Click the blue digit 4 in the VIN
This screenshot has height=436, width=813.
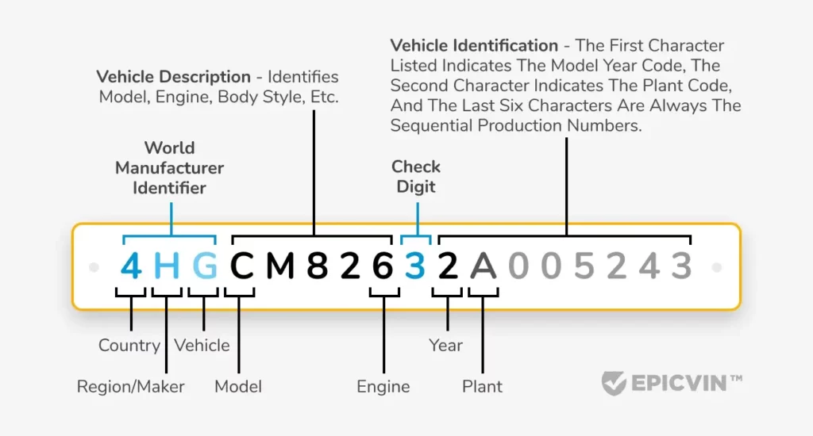point(131,266)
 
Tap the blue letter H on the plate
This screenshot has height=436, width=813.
point(168,266)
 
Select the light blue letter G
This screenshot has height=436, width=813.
point(205,266)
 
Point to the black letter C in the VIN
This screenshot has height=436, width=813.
point(242,266)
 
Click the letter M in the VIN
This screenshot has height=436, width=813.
point(280,266)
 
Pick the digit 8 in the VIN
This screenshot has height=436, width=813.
point(318,266)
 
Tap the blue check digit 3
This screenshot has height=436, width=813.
point(415,266)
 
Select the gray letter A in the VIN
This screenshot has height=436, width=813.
point(484,266)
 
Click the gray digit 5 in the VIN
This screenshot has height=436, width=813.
point(584,266)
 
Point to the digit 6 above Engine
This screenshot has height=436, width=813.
point(383,266)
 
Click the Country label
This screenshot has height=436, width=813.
point(129,346)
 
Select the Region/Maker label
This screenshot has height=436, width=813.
point(131,387)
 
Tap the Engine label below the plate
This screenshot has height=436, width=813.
point(383,387)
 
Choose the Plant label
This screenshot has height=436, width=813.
point(483,387)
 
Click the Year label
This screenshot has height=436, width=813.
point(446,346)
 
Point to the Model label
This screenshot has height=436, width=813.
point(238,387)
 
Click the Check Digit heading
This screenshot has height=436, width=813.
point(416,177)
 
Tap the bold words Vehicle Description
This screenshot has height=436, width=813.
point(173,77)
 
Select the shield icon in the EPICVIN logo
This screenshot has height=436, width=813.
point(614,383)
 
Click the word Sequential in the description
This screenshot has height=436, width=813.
point(436,126)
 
